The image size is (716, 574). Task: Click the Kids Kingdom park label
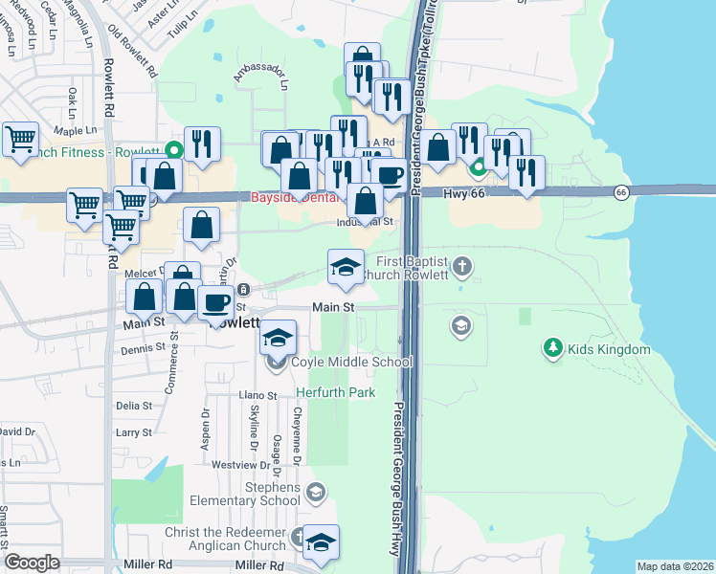[610, 350]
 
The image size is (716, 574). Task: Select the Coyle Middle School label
[351, 363]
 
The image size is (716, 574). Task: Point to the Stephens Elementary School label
[245, 494]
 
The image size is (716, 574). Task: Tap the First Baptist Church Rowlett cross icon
[461, 265]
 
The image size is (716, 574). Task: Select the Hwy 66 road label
[467, 192]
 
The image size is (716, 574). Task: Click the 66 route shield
[621, 192]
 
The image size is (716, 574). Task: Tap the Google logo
[32, 563]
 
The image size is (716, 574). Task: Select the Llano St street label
[257, 395]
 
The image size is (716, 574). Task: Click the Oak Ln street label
[71, 99]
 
